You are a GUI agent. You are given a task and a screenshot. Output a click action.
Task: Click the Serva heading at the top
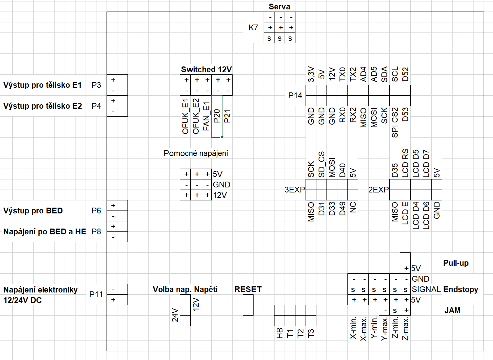pyautogui.click(x=279, y=6)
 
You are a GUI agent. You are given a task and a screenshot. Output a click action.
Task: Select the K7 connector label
pyautogui.click(x=253, y=27)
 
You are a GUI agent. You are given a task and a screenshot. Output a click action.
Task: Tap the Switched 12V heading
pyautogui.click(x=206, y=69)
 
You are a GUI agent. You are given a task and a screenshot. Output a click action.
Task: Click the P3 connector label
pyautogui.click(x=96, y=85)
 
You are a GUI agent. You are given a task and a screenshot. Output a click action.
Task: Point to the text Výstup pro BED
pyautogui.click(x=33, y=211)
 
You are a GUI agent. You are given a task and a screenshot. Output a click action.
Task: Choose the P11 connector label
pyautogui.click(x=96, y=294)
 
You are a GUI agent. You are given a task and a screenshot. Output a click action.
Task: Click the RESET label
pyautogui.click(x=248, y=289)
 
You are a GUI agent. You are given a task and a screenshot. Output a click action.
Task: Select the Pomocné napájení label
pyautogui.click(x=196, y=153)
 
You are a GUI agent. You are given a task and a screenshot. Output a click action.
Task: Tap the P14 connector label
pyautogui.click(x=295, y=95)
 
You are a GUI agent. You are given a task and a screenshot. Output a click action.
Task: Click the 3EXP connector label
pyautogui.click(x=295, y=190)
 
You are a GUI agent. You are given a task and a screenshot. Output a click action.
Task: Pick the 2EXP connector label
pyautogui.click(x=379, y=190)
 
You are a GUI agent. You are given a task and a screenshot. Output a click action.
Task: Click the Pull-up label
pyautogui.click(x=456, y=263)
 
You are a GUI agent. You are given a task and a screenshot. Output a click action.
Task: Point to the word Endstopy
pyautogui.click(x=460, y=289)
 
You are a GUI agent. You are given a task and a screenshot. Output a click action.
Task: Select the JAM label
pyautogui.click(x=453, y=310)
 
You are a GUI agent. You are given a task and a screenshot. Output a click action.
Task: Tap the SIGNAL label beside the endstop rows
pyautogui.click(x=426, y=289)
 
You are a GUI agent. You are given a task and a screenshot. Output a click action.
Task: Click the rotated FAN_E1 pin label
pyautogui.click(x=206, y=116)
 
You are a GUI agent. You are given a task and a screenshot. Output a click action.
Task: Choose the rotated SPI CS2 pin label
pyautogui.click(x=395, y=122)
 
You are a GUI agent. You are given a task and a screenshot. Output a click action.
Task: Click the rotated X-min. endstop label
pyautogui.click(x=353, y=328)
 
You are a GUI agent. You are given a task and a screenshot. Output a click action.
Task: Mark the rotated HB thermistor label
pyautogui.click(x=280, y=333)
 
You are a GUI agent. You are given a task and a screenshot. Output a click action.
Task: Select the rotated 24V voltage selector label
pyautogui.click(x=175, y=315)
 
